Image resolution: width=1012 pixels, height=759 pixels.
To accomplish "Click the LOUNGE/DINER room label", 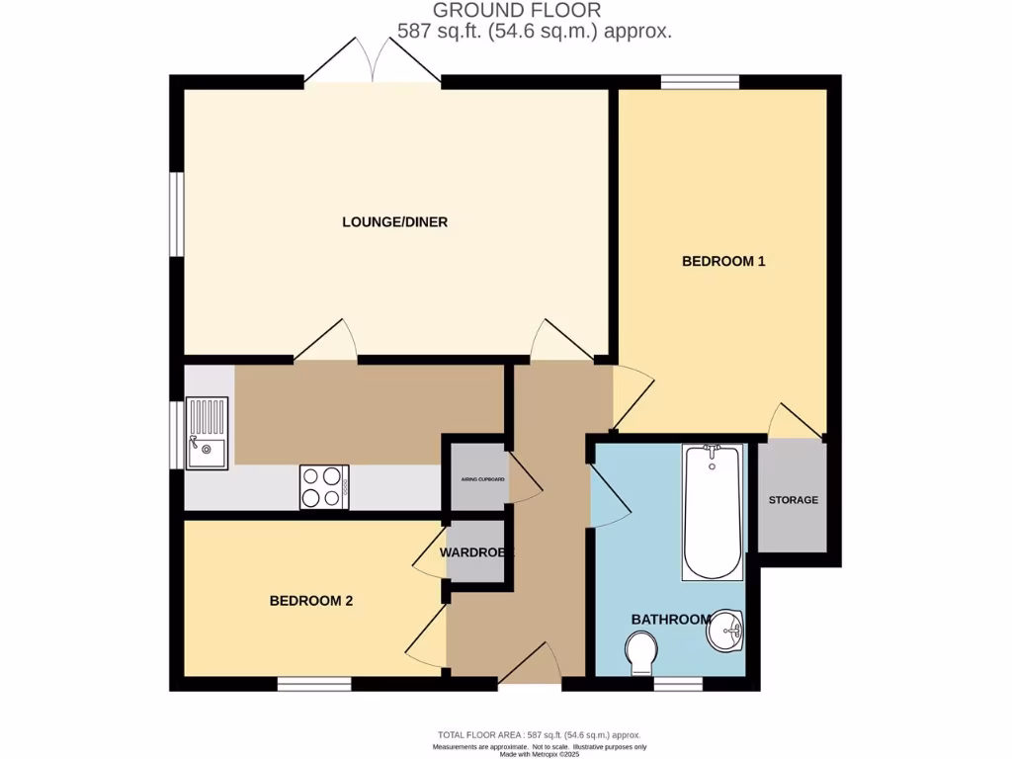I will (x=394, y=222).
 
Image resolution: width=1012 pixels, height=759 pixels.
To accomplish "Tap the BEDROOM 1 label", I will (x=723, y=262).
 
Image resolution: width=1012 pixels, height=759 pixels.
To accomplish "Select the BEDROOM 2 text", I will (x=311, y=601).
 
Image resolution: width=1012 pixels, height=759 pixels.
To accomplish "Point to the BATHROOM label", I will (x=671, y=620).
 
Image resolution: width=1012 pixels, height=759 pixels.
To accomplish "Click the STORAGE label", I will (x=794, y=500).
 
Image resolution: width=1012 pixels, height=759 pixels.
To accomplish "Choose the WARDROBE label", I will (x=477, y=552).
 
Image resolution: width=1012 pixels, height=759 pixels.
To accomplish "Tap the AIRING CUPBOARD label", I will (x=483, y=479).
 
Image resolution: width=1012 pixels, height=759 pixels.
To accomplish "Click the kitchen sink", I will (x=208, y=433).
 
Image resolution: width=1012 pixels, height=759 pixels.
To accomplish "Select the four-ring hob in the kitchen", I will (x=324, y=487).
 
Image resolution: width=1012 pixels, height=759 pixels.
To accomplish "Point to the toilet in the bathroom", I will (x=642, y=652).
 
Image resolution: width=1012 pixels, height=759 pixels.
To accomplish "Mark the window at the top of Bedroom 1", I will (x=700, y=82).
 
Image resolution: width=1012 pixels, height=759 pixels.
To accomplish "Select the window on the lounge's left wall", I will (x=176, y=213).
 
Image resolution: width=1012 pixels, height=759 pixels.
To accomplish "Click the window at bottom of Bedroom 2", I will (x=313, y=683).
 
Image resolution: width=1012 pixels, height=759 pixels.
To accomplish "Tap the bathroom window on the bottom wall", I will (x=678, y=683).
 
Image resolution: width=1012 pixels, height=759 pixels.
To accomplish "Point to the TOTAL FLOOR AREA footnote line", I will (x=539, y=735).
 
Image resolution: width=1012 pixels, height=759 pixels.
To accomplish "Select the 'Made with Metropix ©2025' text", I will (x=539, y=754).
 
